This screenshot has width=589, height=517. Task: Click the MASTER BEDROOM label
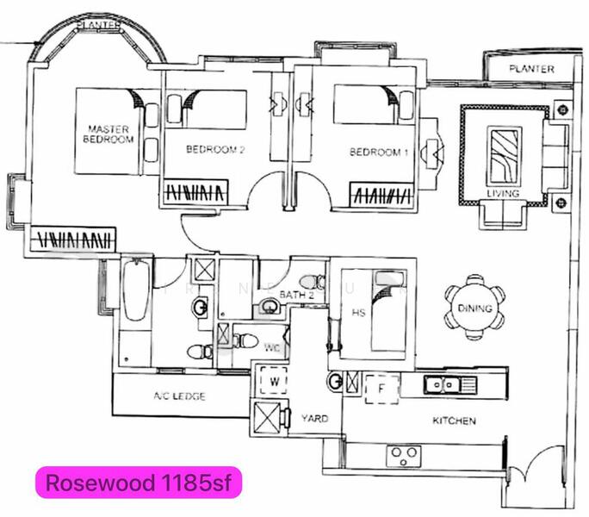tap(109, 134)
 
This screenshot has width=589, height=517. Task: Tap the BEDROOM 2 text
tap(216, 150)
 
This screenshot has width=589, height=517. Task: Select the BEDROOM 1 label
tap(379, 153)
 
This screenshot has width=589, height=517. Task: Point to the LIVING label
tap(503, 194)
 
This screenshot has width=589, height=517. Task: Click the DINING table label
tap(475, 308)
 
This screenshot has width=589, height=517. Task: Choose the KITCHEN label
tap(454, 421)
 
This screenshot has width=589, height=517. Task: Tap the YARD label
tap(315, 418)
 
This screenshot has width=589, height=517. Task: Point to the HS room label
tap(359, 313)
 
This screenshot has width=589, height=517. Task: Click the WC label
tap(271, 348)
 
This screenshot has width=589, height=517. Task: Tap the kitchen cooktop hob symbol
tap(403, 452)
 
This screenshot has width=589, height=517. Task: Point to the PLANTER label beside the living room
tap(531, 69)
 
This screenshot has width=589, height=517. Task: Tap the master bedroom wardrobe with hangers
tap(74, 238)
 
